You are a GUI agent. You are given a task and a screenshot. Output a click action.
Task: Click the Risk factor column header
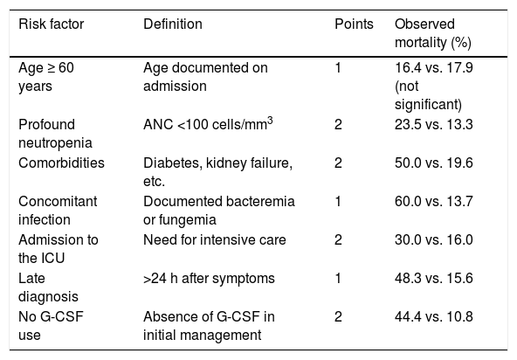52,24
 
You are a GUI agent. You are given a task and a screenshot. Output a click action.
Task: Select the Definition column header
173,24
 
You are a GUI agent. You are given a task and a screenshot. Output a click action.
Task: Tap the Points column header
354,24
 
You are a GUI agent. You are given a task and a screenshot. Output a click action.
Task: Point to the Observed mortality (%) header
433,33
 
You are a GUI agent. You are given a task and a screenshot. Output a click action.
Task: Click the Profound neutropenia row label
55,134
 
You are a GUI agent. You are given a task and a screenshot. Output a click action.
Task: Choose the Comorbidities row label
61,163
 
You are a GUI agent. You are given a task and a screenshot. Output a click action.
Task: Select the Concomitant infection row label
58,211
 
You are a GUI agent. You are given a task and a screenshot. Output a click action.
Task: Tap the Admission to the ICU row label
58,249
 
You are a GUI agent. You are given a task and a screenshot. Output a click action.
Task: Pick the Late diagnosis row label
48,287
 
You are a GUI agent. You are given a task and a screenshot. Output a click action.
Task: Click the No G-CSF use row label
51,326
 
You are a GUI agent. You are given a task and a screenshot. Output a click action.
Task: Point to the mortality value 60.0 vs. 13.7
433,201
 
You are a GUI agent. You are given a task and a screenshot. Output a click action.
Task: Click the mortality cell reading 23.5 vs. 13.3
433,124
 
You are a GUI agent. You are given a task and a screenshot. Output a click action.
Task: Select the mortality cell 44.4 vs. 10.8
433,316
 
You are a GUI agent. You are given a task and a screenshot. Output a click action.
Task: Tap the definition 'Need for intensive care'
214,239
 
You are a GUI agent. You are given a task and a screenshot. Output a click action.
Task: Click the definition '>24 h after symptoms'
209,278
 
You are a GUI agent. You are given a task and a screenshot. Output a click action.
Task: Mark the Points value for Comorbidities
338,163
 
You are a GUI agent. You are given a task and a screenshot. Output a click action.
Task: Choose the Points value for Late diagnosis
338,278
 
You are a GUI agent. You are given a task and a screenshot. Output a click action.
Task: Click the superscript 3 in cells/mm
270,121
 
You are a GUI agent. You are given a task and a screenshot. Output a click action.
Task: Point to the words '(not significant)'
428,95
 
